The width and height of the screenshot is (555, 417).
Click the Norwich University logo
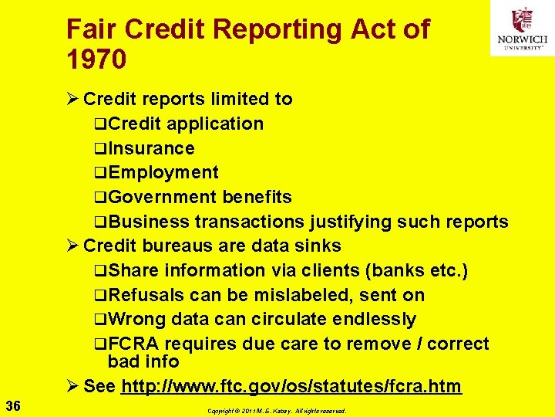(x=522, y=29)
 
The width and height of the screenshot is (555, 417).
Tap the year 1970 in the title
(x=96, y=59)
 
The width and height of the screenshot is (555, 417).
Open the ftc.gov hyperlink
(x=291, y=386)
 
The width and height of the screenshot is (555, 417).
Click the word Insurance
(x=151, y=148)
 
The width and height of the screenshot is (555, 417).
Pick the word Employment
(x=163, y=173)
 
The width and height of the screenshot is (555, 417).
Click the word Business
(x=148, y=222)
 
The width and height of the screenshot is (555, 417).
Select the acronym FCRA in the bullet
(x=135, y=344)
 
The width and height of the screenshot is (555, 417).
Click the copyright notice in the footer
(x=276, y=412)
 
